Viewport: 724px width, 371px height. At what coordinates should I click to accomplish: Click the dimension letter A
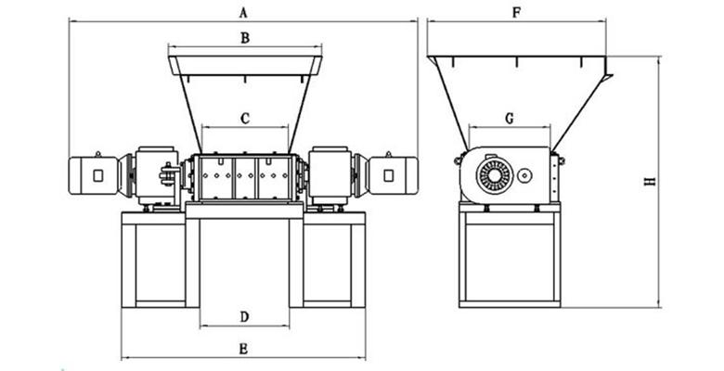click(x=243, y=12)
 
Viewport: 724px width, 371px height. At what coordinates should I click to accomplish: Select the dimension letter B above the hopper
click(x=244, y=38)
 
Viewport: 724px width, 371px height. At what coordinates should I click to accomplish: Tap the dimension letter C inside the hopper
click(x=245, y=119)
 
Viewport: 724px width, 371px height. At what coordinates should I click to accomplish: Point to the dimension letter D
click(x=244, y=316)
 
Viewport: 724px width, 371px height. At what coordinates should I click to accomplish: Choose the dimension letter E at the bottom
click(x=243, y=349)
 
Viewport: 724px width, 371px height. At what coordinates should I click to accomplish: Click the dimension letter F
click(x=515, y=12)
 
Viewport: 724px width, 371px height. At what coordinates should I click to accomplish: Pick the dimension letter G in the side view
click(x=510, y=118)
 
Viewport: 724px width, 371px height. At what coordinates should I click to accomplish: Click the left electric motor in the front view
click(x=93, y=175)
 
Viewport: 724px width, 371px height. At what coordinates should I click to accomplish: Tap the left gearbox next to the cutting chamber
click(x=157, y=174)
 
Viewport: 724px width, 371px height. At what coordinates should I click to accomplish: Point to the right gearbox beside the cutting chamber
click(x=330, y=174)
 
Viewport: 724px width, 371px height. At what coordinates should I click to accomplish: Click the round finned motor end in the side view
click(x=495, y=174)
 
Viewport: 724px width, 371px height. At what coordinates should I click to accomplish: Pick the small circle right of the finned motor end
click(x=525, y=174)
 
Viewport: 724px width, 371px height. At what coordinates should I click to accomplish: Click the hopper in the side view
click(x=515, y=93)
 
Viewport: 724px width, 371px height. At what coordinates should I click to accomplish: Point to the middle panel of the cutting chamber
click(x=245, y=176)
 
